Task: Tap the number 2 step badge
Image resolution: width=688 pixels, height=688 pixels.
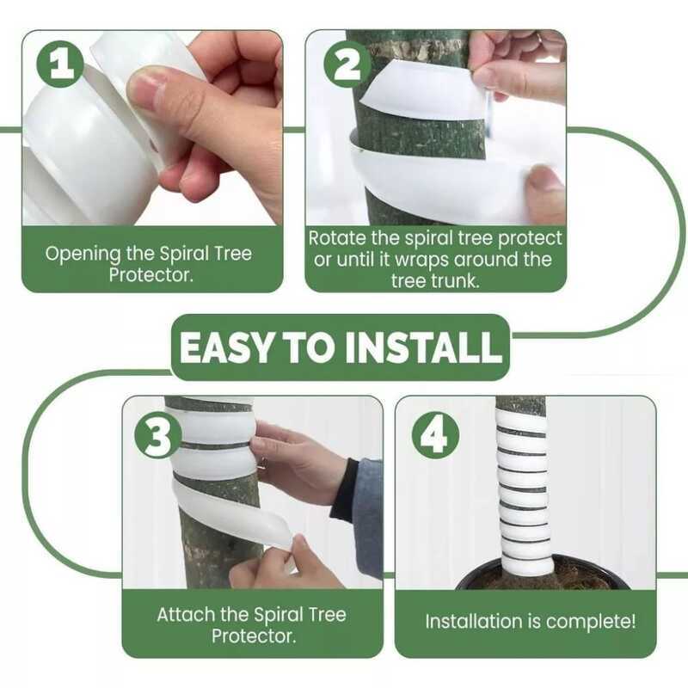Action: click(347, 66)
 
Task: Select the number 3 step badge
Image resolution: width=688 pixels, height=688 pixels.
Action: click(158, 436)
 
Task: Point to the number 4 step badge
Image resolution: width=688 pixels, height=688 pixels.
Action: click(435, 436)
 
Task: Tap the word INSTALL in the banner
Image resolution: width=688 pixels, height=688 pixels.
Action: click(423, 347)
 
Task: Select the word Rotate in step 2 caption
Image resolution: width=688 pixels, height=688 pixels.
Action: click(337, 239)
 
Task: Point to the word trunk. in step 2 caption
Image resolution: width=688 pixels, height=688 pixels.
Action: click(456, 281)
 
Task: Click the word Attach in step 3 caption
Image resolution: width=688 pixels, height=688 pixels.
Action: click(186, 615)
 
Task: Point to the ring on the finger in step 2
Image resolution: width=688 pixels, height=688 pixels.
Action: click(541, 38)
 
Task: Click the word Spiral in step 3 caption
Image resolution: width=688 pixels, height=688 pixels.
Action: click(278, 616)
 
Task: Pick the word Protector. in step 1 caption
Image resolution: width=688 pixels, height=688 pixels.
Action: click(151, 276)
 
